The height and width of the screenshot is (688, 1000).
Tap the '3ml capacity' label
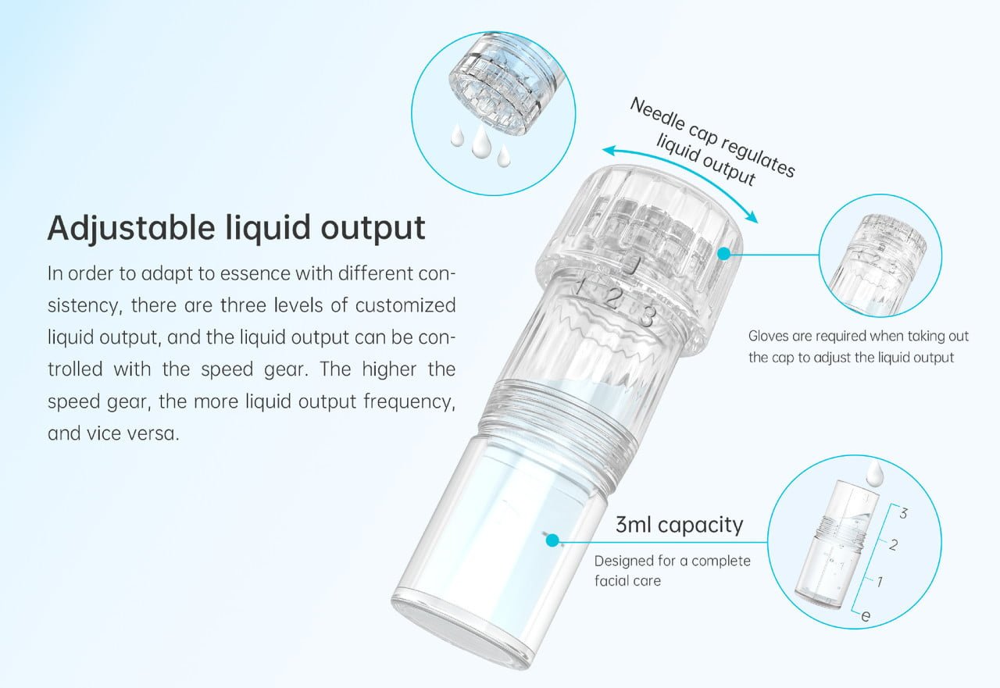(679, 525)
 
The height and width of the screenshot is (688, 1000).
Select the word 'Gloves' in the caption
(767, 337)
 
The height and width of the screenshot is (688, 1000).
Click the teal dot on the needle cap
(724, 254)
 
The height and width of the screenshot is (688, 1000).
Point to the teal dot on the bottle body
(552, 540)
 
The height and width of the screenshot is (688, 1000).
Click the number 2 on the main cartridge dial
(614, 298)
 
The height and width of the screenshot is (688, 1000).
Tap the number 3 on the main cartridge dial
(646, 316)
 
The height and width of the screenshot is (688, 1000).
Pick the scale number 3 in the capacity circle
(903, 513)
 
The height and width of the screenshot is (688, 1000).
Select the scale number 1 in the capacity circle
(880, 581)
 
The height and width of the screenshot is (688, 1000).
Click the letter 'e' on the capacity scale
(865, 616)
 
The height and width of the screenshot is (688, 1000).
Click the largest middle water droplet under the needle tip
(479, 139)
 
